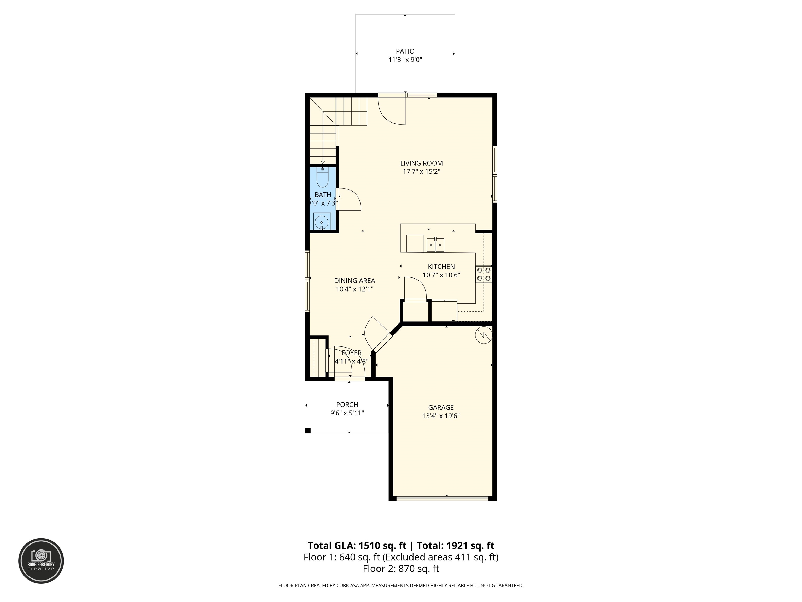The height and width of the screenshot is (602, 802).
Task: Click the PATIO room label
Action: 405,51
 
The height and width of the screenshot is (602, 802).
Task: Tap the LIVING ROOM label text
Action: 421,163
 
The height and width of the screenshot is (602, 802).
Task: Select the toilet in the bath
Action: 322,177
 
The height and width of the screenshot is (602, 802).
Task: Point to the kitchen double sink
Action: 435,245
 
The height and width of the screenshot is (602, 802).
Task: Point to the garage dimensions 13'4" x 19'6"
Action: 441,416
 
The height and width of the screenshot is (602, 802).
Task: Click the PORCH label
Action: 347,404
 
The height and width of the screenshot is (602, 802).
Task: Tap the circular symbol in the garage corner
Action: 483,335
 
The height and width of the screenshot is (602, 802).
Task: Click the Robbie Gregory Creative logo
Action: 41,561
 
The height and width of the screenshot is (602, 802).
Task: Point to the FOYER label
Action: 351,353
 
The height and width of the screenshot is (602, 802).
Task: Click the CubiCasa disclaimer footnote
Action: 401,595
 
